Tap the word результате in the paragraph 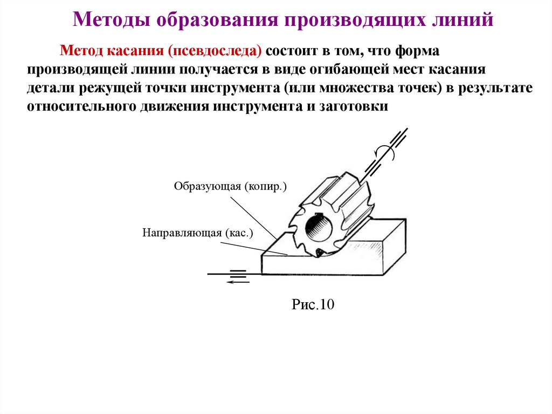495,88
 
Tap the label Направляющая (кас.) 198,233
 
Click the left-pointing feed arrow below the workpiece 236,281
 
